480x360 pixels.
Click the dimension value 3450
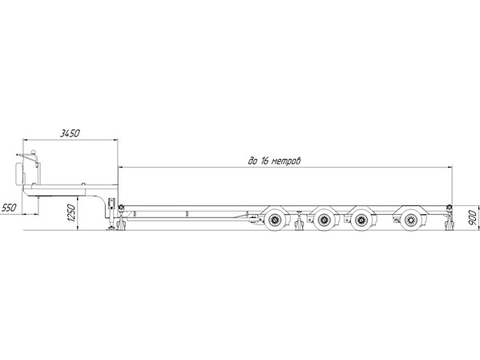click(70, 133)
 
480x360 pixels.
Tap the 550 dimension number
click(9, 208)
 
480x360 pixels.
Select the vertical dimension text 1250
click(71, 213)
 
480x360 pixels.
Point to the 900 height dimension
click(473, 218)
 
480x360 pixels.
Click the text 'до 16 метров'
click(275, 161)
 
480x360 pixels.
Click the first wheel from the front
click(275, 220)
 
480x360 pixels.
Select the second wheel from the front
click(325, 220)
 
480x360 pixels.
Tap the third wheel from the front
click(361, 220)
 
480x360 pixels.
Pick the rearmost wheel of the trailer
click(410, 220)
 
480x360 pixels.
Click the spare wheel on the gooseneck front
click(19, 174)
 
